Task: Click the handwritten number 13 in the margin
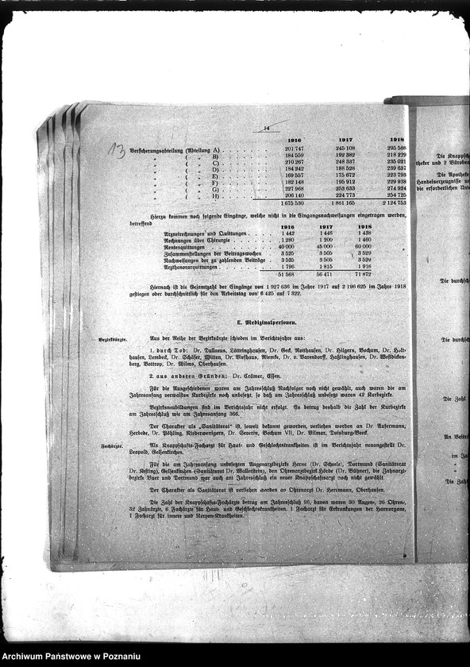(116, 151)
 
